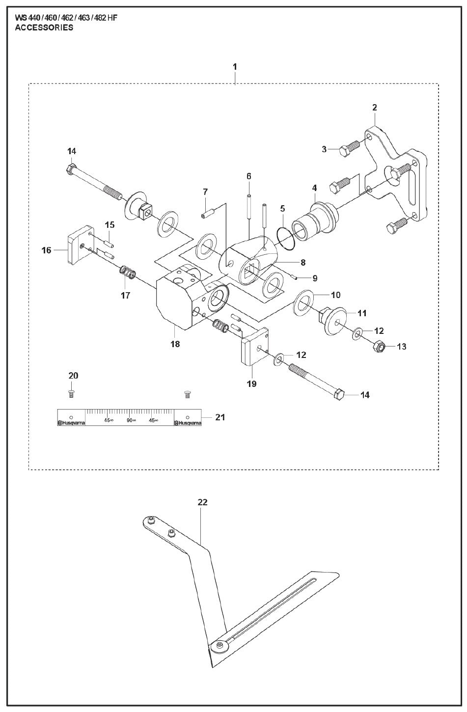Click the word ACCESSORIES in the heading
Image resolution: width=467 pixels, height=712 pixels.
pyautogui.click(x=44, y=28)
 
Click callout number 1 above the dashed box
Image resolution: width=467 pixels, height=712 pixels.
pyautogui.click(x=235, y=66)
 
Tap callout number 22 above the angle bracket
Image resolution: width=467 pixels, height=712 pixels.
pyautogui.click(x=202, y=502)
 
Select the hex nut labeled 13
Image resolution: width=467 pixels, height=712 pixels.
pyautogui.click(x=381, y=347)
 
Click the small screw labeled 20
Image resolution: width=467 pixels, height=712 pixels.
pyautogui.click(x=71, y=393)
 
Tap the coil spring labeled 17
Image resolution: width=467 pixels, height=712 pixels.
pyautogui.click(x=128, y=271)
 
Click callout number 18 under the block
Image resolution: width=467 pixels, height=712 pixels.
pyautogui.click(x=175, y=344)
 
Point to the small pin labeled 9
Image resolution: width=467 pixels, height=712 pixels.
pyautogui.click(x=296, y=276)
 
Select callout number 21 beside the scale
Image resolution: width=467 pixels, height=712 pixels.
pyautogui.click(x=220, y=417)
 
